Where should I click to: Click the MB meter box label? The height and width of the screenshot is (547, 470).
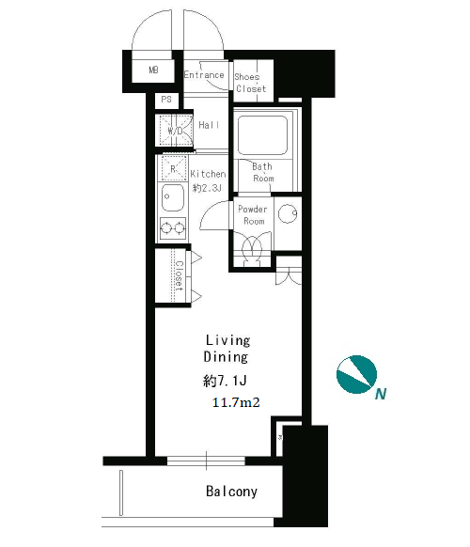(x=153, y=70)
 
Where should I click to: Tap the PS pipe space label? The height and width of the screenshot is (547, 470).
(x=166, y=100)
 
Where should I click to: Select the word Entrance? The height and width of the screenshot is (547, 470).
(x=204, y=74)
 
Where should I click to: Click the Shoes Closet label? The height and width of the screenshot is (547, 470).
(x=251, y=83)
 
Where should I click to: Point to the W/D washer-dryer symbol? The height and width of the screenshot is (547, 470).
(x=176, y=131)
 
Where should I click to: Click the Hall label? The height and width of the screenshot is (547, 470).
(x=209, y=125)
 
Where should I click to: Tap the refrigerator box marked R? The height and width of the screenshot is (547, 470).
(x=173, y=169)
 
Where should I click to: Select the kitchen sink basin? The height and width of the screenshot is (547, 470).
(x=173, y=197)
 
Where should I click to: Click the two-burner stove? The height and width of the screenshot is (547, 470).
(x=173, y=228)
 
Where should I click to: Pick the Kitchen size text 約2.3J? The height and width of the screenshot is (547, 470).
(x=207, y=188)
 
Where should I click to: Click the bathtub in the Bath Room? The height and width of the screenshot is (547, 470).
(x=262, y=135)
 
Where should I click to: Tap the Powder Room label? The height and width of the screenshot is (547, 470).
(x=253, y=215)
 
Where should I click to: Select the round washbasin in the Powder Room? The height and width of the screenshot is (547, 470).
(x=288, y=213)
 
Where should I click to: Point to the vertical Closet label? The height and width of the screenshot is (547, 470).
(x=180, y=276)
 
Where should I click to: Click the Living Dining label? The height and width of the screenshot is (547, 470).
(x=227, y=349)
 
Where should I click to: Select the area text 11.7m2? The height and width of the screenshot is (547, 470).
(x=236, y=402)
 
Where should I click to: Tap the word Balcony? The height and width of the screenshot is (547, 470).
(x=231, y=492)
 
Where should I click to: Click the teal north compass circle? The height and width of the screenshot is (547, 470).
(x=356, y=375)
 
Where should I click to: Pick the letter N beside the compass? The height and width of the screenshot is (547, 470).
(x=381, y=394)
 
